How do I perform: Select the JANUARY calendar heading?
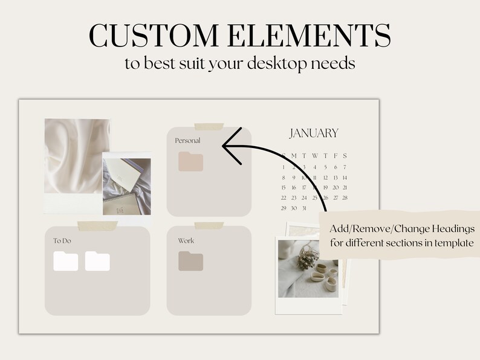pyautogui.click(x=313, y=133)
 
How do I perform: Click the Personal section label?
pyautogui.click(x=187, y=141)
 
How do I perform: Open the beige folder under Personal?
pyautogui.click(x=190, y=162)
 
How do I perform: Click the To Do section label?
pyautogui.click(x=62, y=240)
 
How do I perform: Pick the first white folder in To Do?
pyautogui.click(x=66, y=261)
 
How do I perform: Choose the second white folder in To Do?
pyautogui.click(x=97, y=261)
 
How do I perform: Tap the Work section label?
pyautogui.click(x=186, y=240)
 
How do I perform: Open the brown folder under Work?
pyautogui.click(x=190, y=261)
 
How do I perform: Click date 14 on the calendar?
pyautogui.click(x=345, y=178)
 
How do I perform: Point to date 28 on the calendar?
pyautogui.click(x=345, y=198)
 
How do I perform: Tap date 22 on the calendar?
pyautogui.click(x=284, y=198)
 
